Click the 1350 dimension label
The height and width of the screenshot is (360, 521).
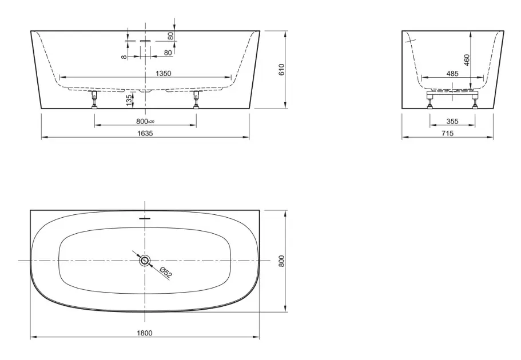pyautogui.click(x=163, y=73)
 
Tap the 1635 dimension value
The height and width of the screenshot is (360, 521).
pyautogui.click(x=145, y=133)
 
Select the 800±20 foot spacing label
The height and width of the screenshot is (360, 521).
pyautogui.click(x=145, y=121)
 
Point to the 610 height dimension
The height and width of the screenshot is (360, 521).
pyautogui.click(x=282, y=69)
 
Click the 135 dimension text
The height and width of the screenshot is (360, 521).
pyautogui.click(x=129, y=101)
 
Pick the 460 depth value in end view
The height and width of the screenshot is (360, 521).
pyautogui.click(x=467, y=60)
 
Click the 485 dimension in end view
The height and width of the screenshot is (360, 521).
pyautogui.click(x=452, y=73)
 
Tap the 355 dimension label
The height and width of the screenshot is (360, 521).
pyautogui.click(x=452, y=121)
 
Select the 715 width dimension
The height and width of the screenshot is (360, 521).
pyautogui.click(x=448, y=133)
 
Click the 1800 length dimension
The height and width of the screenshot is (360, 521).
pyautogui.click(x=145, y=333)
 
